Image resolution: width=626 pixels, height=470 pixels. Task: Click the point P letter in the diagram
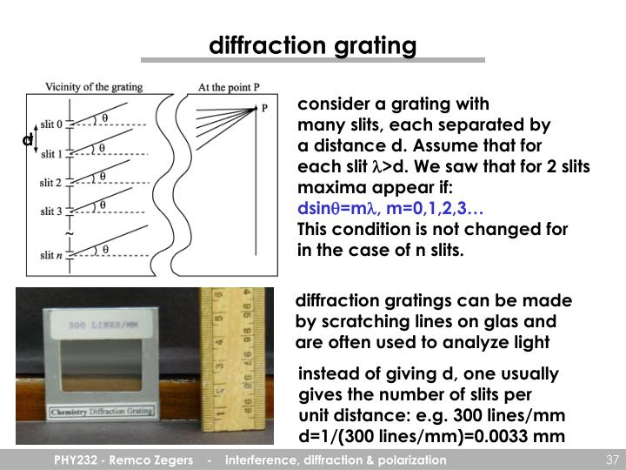pyautogui.click(x=265, y=109)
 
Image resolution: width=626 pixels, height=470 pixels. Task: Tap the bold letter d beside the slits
pyautogui.click(x=28, y=139)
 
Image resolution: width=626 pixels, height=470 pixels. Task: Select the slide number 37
pyautogui.click(x=610, y=460)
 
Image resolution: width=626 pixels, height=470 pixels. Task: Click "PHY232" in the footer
pyautogui.click(x=70, y=460)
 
